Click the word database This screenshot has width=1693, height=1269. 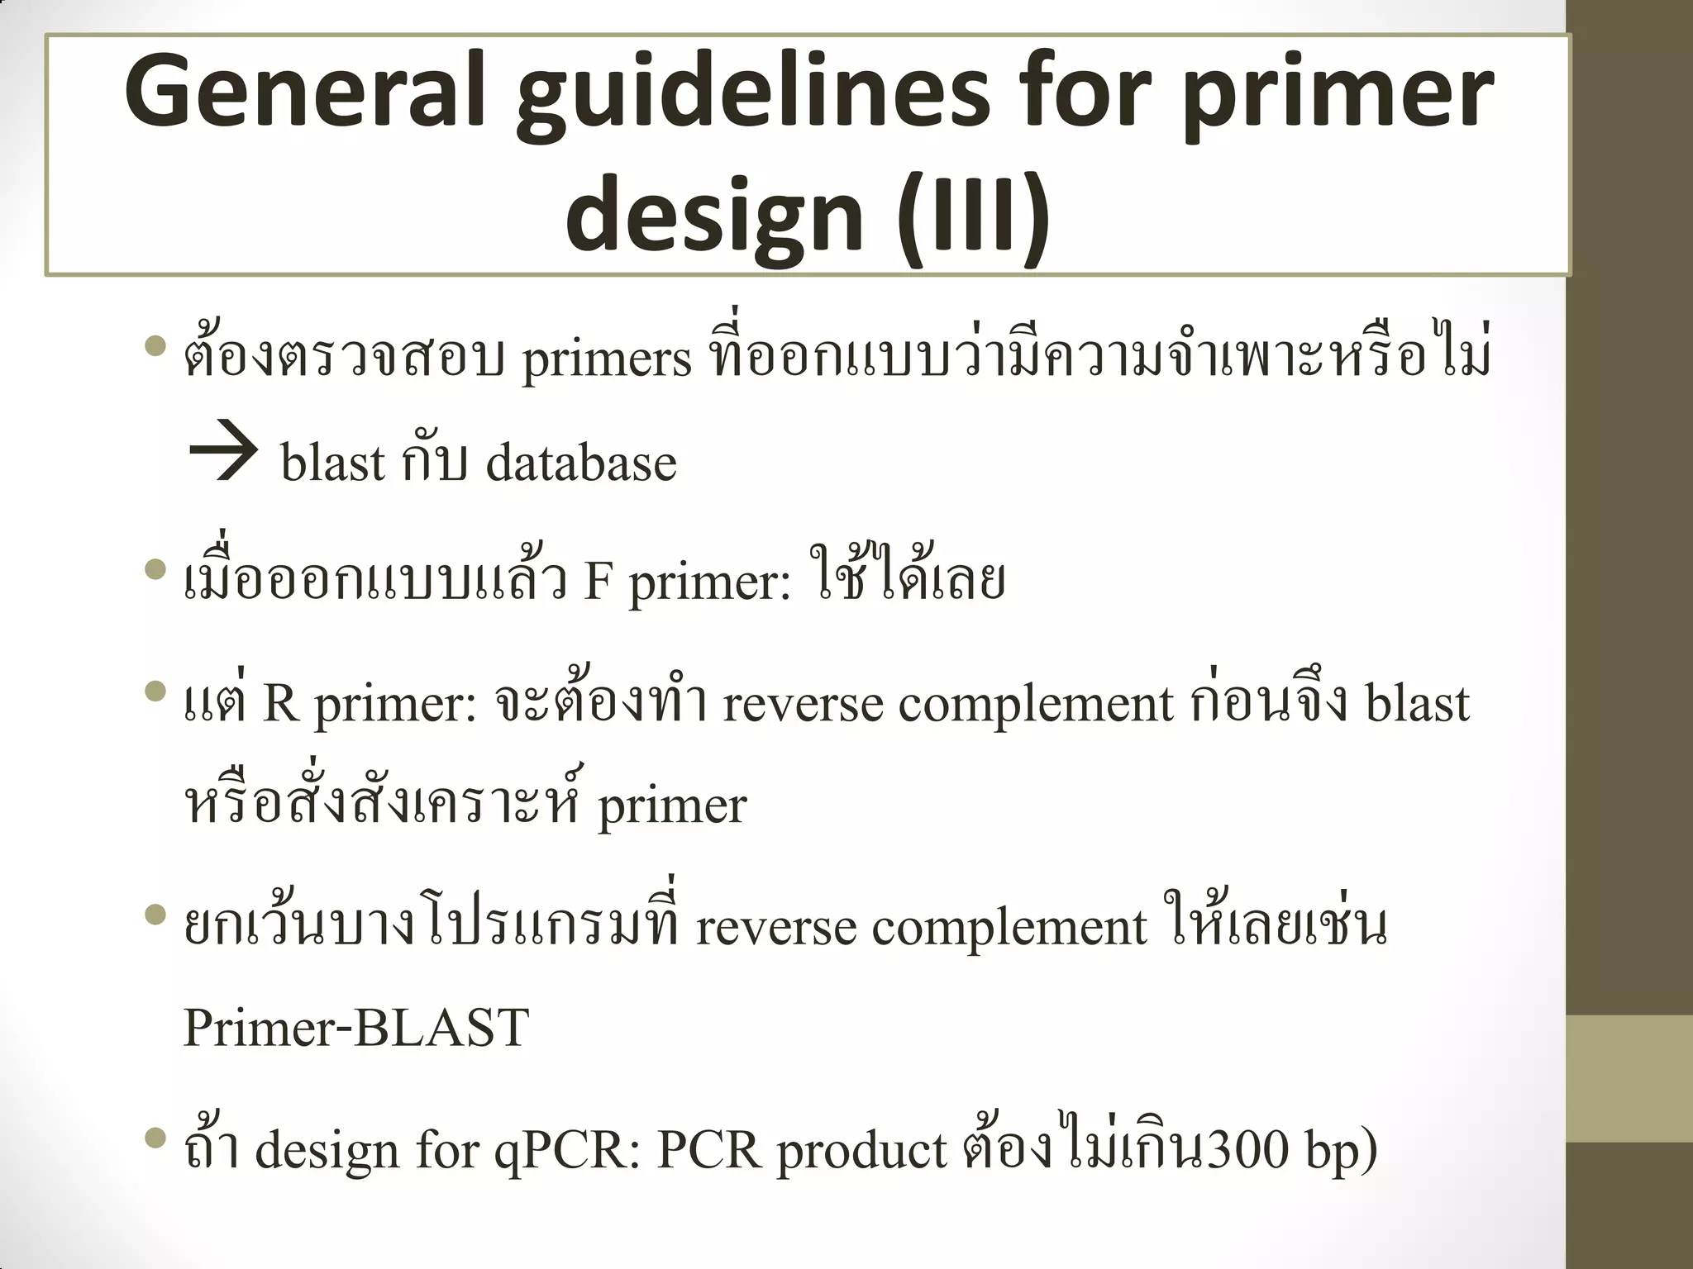point(581,463)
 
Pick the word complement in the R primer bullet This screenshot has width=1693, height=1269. point(1035,706)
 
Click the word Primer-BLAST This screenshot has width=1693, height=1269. point(355,1028)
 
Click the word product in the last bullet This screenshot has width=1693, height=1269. point(861,1152)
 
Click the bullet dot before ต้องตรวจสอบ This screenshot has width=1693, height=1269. point(155,346)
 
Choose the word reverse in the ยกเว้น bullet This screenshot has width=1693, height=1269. point(775,927)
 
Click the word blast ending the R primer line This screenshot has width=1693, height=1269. point(1416,704)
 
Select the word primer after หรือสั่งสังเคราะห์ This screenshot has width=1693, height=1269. point(672,806)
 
